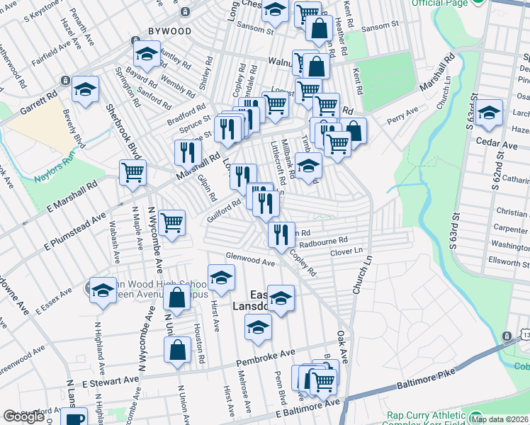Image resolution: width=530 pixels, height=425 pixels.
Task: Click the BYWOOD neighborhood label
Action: [169, 31]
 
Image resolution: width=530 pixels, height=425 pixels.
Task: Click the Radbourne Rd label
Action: [323, 242]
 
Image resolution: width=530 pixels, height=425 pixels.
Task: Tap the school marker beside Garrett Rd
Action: [85, 89]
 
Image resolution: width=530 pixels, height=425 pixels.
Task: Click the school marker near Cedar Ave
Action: [489, 113]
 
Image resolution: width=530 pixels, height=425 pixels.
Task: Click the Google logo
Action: [23, 416]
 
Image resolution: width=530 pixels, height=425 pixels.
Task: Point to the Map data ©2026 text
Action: [502, 419]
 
